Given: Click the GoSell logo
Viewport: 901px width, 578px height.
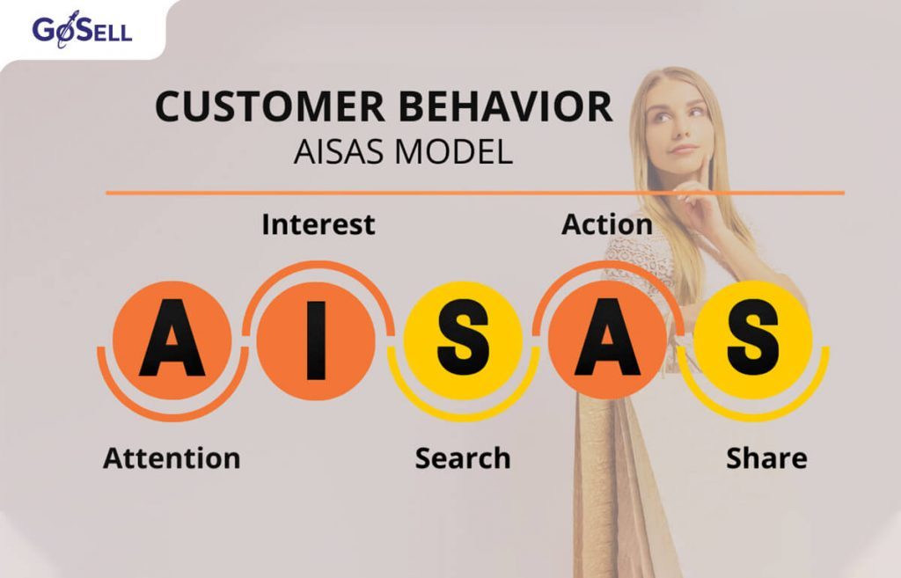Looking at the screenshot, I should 82,31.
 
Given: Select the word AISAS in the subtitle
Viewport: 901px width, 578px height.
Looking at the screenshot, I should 338,151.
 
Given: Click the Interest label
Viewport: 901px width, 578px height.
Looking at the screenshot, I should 318,224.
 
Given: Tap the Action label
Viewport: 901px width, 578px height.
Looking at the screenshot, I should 607,224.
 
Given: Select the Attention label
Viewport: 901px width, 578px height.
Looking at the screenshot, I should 172,458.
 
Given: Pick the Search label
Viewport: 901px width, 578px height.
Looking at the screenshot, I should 463,458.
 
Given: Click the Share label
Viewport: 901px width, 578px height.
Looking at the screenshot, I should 766,458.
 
